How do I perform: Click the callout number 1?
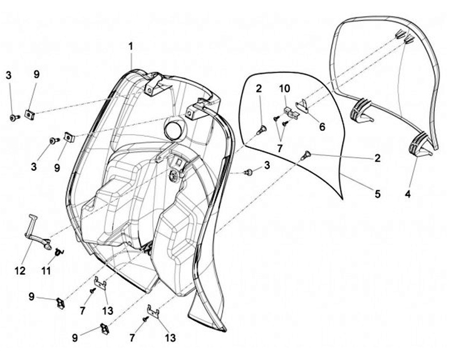click(x=131, y=46)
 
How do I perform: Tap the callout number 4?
click(x=408, y=193)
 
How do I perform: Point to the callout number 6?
click(x=322, y=126)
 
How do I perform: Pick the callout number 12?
click(x=21, y=270)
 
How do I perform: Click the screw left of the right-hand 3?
click(x=249, y=171)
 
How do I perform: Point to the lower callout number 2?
click(x=377, y=158)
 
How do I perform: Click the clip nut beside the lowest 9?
click(x=105, y=327)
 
